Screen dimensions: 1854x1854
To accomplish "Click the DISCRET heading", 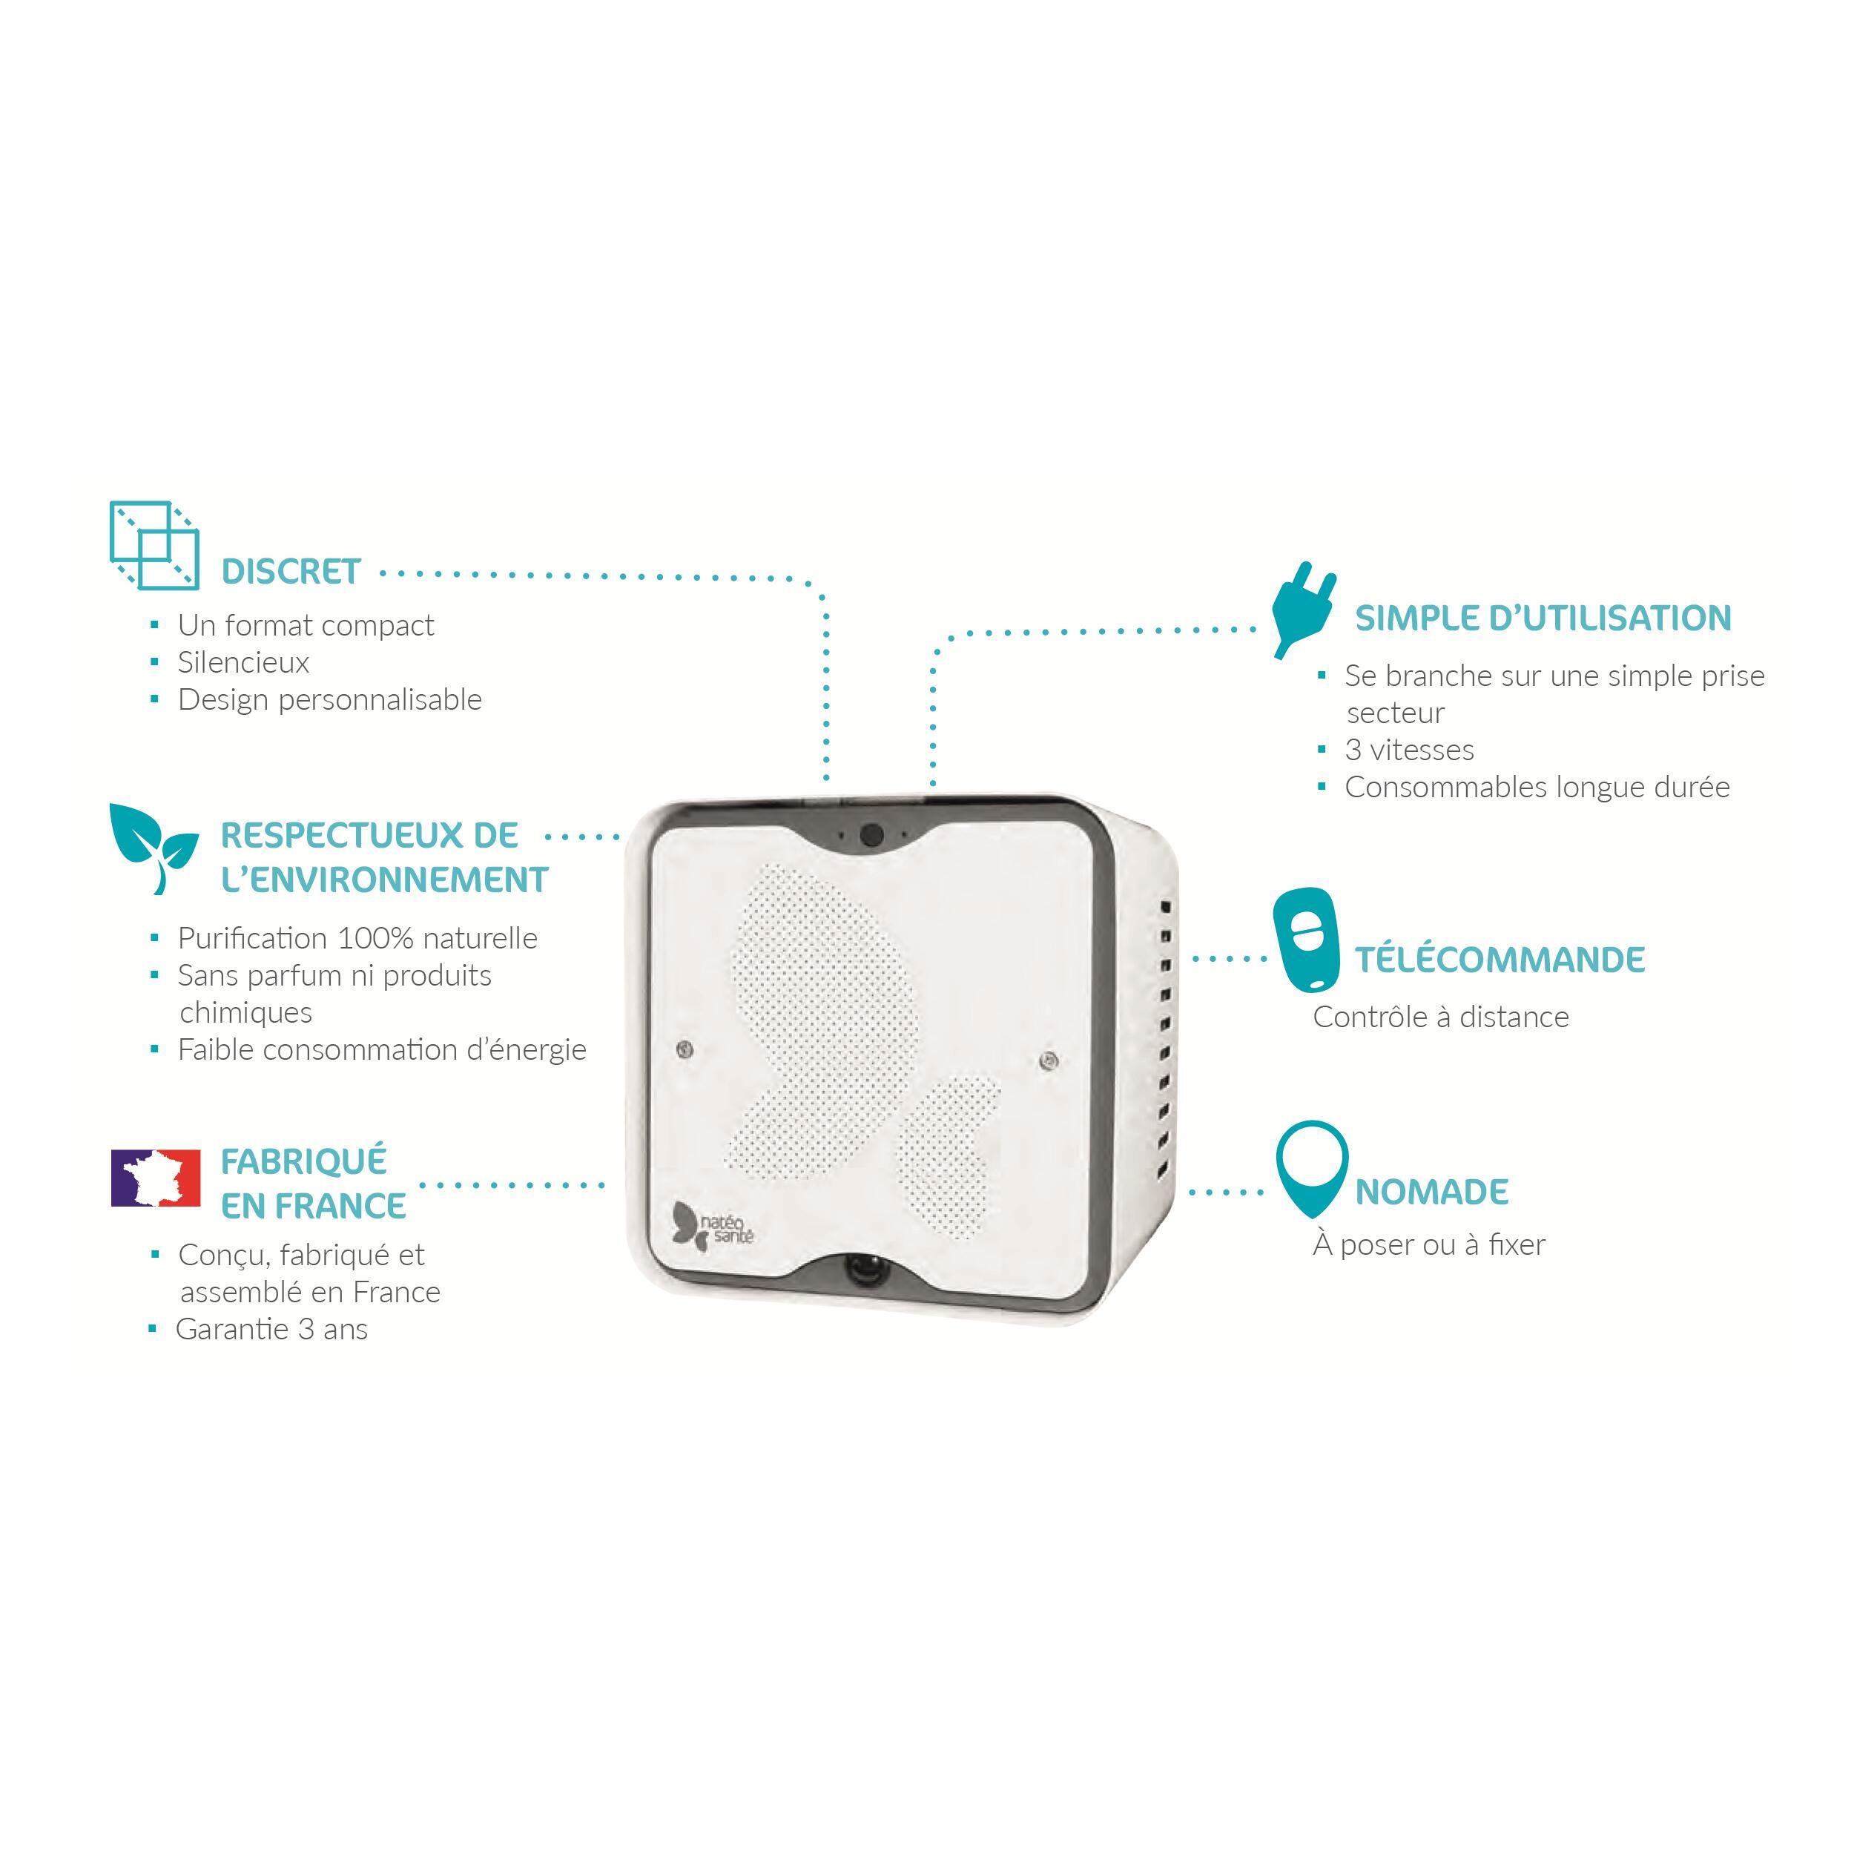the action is [291, 571].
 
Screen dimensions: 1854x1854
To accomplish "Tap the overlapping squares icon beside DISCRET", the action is [154, 545].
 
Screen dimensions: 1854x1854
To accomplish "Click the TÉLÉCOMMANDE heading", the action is [1500, 959].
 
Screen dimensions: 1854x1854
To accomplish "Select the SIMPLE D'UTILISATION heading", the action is [1543, 617].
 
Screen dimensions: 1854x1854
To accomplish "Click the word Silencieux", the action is [244, 662].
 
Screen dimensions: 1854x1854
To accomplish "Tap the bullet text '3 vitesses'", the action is [1409, 750].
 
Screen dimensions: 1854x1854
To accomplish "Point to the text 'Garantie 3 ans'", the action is [271, 1329].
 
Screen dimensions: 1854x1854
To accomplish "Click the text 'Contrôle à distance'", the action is [1440, 1016].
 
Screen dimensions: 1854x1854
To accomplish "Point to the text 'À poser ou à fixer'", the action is [1429, 1244].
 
